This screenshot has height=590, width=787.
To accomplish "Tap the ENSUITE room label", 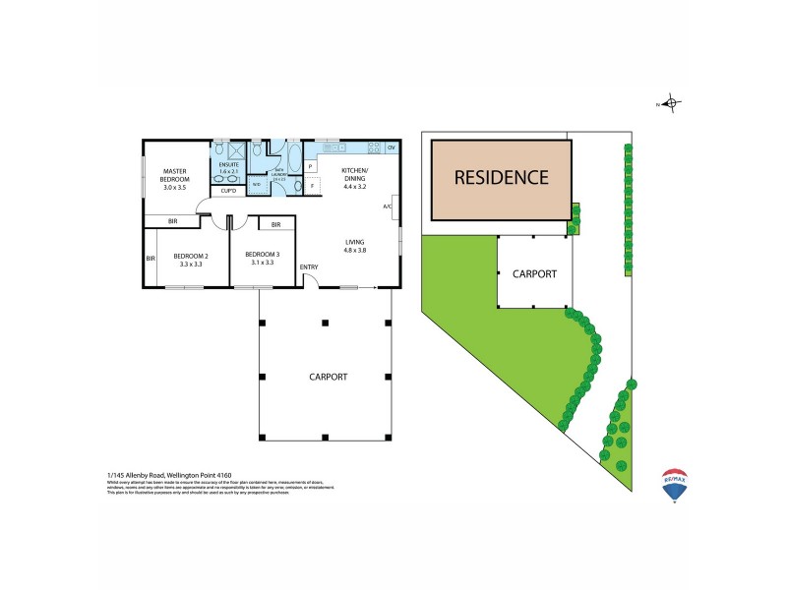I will pyautogui.click(x=229, y=167).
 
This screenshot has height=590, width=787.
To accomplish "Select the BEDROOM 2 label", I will pyautogui.click(x=190, y=260).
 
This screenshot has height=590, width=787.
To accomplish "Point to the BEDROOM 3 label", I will pyautogui.click(x=262, y=259).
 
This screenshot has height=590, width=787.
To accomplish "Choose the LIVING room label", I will pyautogui.click(x=354, y=246).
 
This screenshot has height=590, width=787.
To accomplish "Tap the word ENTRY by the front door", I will pyautogui.click(x=309, y=267).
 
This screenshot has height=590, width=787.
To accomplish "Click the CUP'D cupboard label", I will pyautogui.click(x=228, y=191).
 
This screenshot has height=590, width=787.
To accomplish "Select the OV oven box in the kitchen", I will pyautogui.click(x=391, y=147).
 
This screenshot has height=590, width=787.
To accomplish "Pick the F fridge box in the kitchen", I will pyautogui.click(x=311, y=185).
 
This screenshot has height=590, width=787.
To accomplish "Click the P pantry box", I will pyautogui.click(x=311, y=167).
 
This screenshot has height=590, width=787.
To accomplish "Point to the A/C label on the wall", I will pyautogui.click(x=388, y=207).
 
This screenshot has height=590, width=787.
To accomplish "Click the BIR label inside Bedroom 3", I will pyautogui.click(x=276, y=225).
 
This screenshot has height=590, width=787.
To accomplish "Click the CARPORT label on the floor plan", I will pyautogui.click(x=328, y=376).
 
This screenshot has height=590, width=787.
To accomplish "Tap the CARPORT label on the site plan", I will pyautogui.click(x=534, y=274).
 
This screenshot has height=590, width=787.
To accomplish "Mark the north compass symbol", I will pyautogui.click(x=671, y=102).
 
